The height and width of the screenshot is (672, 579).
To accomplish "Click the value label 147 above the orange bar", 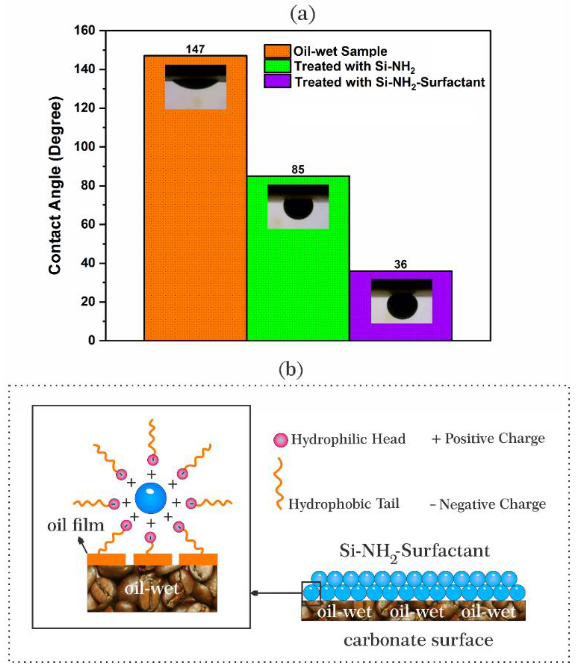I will pos(195,49).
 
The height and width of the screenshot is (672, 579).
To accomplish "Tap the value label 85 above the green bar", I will pos(298,170).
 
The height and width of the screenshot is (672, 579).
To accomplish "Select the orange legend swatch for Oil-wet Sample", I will pos(277,51).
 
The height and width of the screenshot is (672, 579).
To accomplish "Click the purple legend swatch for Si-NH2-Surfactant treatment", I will pos(277,81).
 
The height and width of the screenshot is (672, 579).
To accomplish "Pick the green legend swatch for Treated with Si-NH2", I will pos(277,66).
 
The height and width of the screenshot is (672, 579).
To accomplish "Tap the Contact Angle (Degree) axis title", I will pos(55,186).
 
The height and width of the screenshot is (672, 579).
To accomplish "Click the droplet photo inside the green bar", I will pos(298,207).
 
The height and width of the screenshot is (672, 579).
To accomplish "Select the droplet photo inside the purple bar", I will pos(401,301).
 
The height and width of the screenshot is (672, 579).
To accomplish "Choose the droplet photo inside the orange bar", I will pos(196,87).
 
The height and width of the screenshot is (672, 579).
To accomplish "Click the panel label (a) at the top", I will pos(302,15).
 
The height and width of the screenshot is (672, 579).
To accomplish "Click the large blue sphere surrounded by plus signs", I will pos(150,498).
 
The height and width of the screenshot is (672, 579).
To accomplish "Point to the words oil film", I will pos(76,525).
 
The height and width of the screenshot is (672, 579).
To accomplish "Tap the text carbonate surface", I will pos(418,640).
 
